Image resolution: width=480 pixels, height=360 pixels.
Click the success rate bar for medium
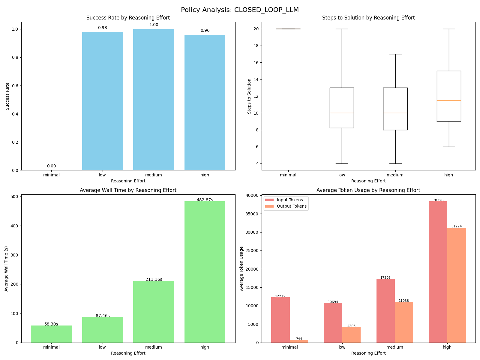click(154, 100)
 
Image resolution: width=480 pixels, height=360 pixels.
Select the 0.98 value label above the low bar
click(103, 28)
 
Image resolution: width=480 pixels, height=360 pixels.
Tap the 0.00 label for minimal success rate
click(51, 166)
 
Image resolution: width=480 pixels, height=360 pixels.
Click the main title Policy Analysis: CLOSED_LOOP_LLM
click(240, 10)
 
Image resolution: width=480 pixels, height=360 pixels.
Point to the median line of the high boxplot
click(449, 100)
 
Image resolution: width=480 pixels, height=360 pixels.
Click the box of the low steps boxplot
click(342, 108)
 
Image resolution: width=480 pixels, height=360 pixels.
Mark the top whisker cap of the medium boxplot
click(395, 54)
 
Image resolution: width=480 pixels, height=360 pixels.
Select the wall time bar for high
click(205, 272)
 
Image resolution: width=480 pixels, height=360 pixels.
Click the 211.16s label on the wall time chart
click(154, 279)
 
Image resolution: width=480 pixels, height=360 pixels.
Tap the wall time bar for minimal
click(51, 334)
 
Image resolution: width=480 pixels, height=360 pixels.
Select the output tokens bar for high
click(457, 285)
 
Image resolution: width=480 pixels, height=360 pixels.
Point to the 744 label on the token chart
click(299, 339)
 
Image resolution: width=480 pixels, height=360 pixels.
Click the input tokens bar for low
click(333, 323)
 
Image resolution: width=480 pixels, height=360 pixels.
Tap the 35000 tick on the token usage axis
click(252, 214)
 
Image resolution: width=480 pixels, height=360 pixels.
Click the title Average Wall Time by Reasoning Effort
click(128, 190)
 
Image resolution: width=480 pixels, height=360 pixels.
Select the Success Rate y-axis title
click(7, 96)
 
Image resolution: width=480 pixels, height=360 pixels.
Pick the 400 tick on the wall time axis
click(15, 226)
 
